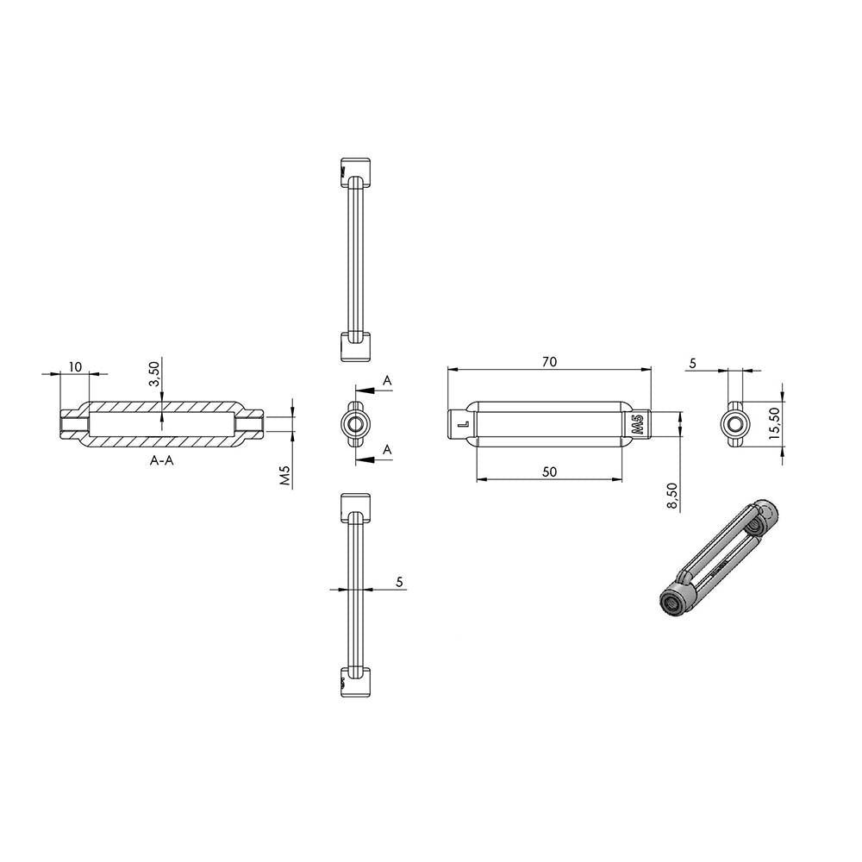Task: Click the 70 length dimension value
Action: pyautogui.click(x=549, y=362)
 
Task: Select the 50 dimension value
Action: pyautogui.click(x=549, y=472)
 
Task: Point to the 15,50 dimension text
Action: pyautogui.click(x=774, y=422)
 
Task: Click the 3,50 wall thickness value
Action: pyautogui.click(x=154, y=374)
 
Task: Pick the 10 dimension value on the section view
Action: pyautogui.click(x=75, y=366)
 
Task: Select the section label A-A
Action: pyautogui.click(x=162, y=460)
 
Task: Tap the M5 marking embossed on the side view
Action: pyautogui.click(x=638, y=425)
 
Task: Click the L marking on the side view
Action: pyautogui.click(x=463, y=424)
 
